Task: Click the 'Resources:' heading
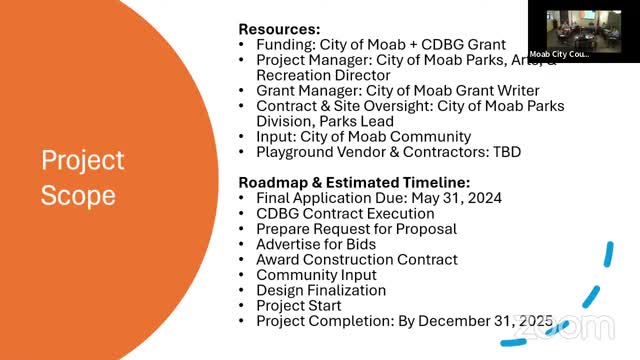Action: pyautogui.click(x=280, y=29)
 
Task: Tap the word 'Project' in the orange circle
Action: pyautogui.click(x=83, y=160)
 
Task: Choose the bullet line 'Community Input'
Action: pyautogui.click(x=316, y=275)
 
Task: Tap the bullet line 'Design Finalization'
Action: pyautogui.click(x=321, y=290)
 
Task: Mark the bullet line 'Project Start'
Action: pyautogui.click(x=299, y=305)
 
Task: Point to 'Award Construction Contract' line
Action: pyautogui.click(x=357, y=259)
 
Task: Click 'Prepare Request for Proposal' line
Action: pyautogui.click(x=357, y=229)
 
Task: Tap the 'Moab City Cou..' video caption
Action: pyautogui.click(x=559, y=54)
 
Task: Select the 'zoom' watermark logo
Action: pyautogui.click(x=565, y=326)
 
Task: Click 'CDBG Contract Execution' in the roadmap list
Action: pyautogui.click(x=345, y=213)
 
